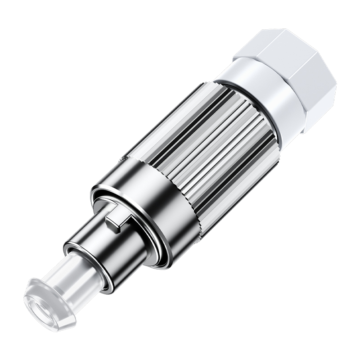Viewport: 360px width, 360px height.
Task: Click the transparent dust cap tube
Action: click(x=63, y=279)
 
